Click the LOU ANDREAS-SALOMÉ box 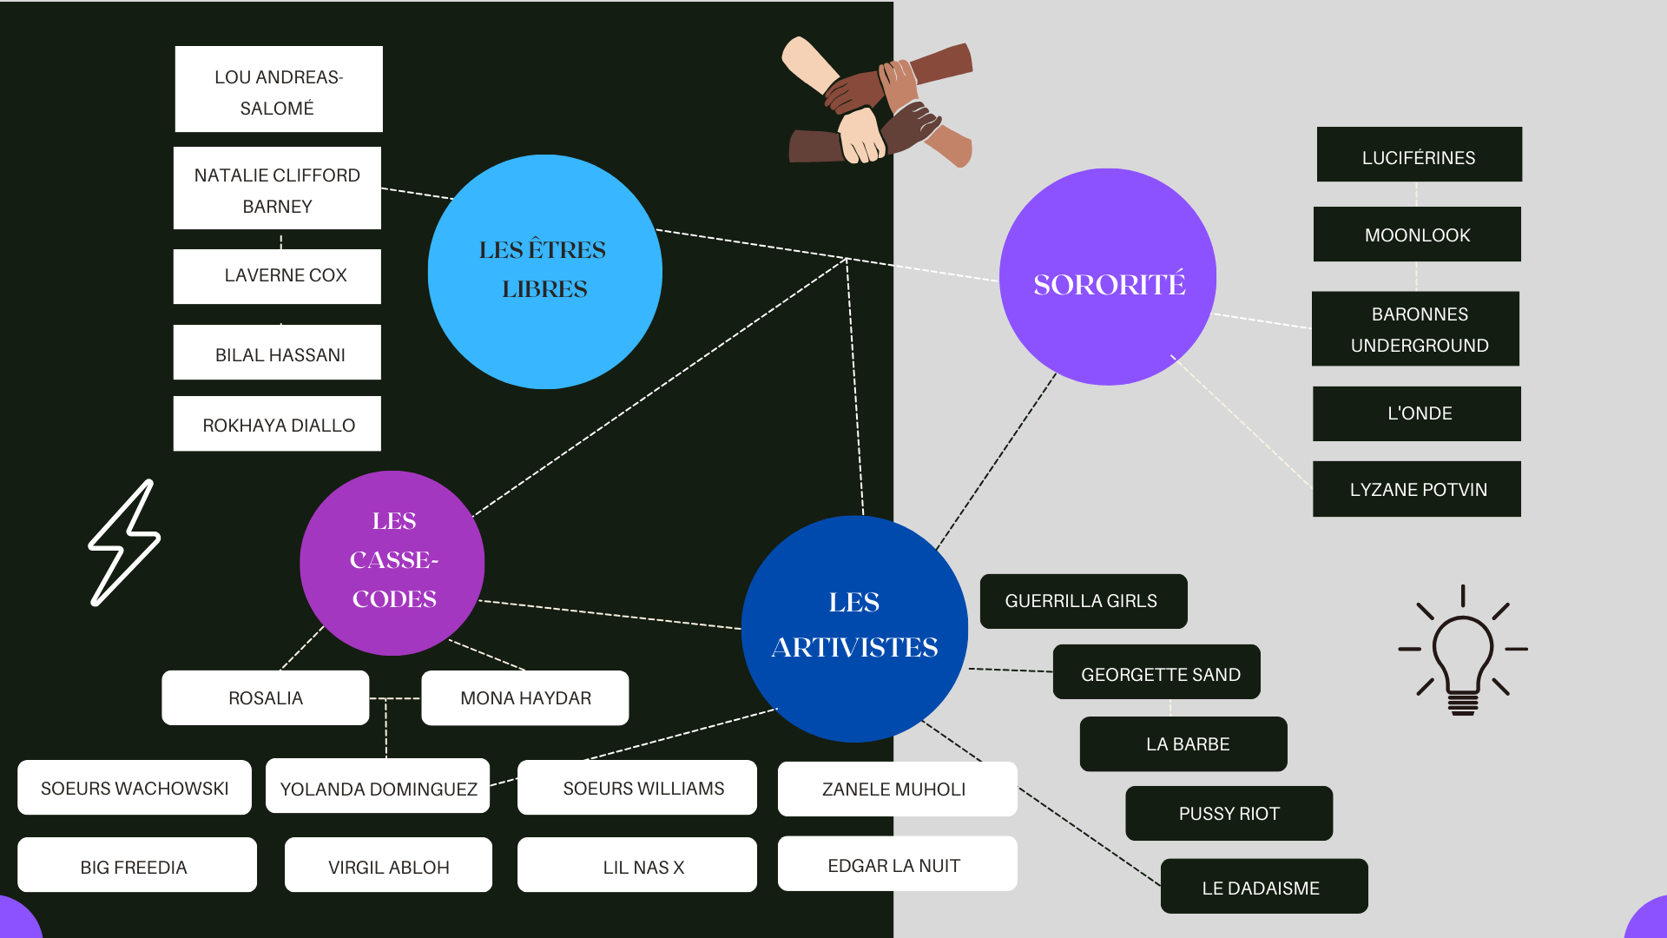(x=278, y=89)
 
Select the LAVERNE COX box (x=278, y=276)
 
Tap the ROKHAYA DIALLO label (x=278, y=425)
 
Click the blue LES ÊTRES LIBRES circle (x=544, y=271)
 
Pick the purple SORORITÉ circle (x=1108, y=277)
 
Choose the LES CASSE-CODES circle (x=392, y=563)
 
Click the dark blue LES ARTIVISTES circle (x=854, y=628)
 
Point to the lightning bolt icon (x=125, y=543)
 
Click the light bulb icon (x=1463, y=651)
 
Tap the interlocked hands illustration (x=879, y=102)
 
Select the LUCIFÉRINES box (x=1419, y=155)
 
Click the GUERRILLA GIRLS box (x=1083, y=601)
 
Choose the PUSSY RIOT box (x=1229, y=814)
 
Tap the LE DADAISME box (x=1263, y=887)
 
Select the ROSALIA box (x=266, y=697)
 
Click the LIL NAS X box (x=637, y=865)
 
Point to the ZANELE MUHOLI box (x=897, y=789)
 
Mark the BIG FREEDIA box (x=136, y=865)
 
